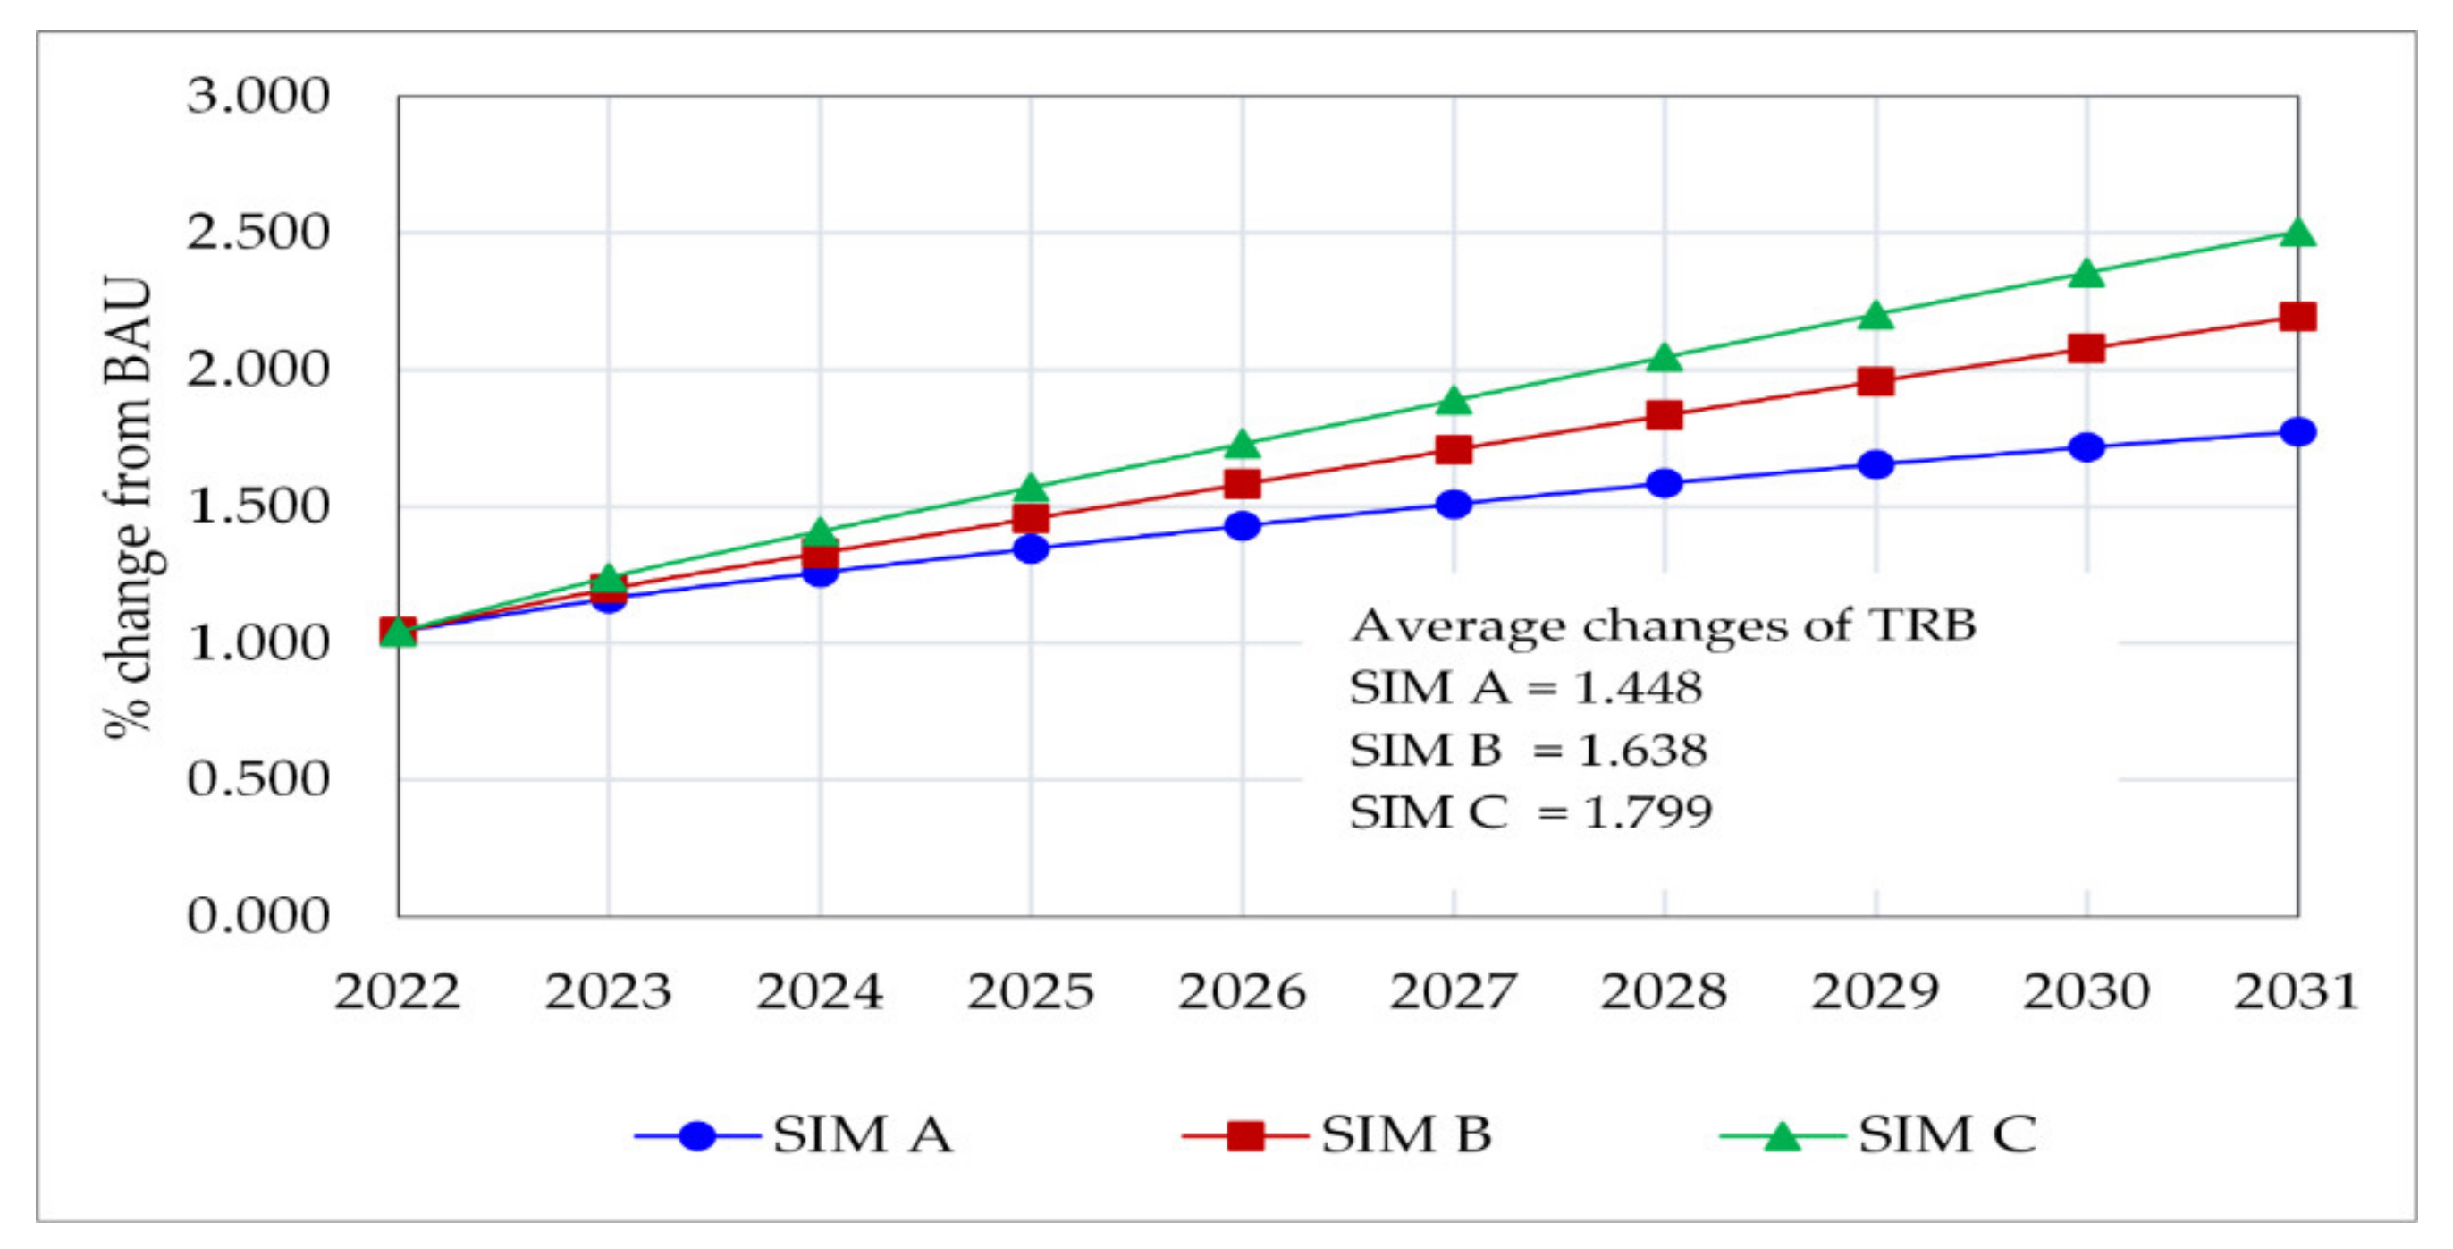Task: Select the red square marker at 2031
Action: (x=2297, y=317)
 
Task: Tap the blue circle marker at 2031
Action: (x=2297, y=431)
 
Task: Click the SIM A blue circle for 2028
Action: (x=1664, y=482)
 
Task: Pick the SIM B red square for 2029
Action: (x=1875, y=381)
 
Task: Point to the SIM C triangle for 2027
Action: (x=1454, y=401)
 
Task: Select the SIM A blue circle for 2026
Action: (x=1242, y=525)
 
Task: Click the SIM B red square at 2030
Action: (x=2086, y=348)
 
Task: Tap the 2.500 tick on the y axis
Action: (x=257, y=233)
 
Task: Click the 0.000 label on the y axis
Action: (x=257, y=915)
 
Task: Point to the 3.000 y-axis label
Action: (x=257, y=97)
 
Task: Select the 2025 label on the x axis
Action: (x=1031, y=991)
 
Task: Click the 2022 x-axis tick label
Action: (x=397, y=991)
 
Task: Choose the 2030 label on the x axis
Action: (x=2086, y=991)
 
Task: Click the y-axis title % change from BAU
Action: (x=129, y=506)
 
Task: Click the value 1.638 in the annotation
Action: (x=1641, y=751)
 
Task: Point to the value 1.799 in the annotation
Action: (x=1647, y=812)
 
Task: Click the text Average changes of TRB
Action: (x=1663, y=626)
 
